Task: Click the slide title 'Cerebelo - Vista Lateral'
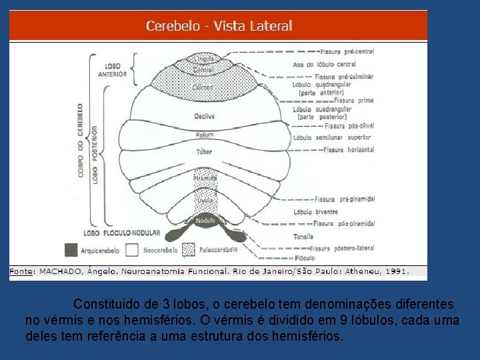tap(219, 26)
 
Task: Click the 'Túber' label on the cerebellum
tap(204, 152)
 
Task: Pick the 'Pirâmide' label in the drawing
tap(205, 179)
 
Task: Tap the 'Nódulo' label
tap(205, 219)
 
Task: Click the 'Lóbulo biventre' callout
tap(316, 212)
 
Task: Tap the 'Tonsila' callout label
tap(303, 237)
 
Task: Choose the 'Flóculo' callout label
tap(303, 257)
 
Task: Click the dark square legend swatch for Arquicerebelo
tap(71, 250)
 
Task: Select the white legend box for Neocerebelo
tap(131, 250)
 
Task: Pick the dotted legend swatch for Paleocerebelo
tap(189, 250)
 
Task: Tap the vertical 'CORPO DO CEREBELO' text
tap(81, 140)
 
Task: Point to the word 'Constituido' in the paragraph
tap(108, 304)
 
